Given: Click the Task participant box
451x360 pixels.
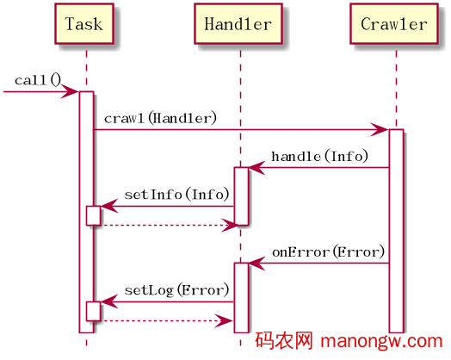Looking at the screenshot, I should (x=83, y=24).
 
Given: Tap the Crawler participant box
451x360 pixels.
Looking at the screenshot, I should (x=395, y=24).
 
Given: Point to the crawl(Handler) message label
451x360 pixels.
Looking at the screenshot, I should (x=160, y=117).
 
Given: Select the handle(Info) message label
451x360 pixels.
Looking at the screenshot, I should (x=319, y=156).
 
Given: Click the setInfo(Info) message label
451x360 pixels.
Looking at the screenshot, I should (x=176, y=195).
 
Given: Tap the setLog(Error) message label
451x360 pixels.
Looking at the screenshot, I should (x=176, y=290).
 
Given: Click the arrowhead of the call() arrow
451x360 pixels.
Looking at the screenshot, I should (x=71, y=90).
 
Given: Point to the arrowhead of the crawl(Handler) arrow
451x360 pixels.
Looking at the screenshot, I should (x=380, y=129).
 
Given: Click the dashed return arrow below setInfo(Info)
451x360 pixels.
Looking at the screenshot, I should (x=164, y=226).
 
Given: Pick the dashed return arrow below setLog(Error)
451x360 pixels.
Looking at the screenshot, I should (x=164, y=321).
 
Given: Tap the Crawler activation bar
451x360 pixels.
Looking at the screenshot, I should (x=395, y=229).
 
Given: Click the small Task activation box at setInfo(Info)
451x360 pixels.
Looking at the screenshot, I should (x=93, y=215).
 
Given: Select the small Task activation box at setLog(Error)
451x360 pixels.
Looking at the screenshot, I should (x=93, y=311).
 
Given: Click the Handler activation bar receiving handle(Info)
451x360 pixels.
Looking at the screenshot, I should (x=241, y=196).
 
